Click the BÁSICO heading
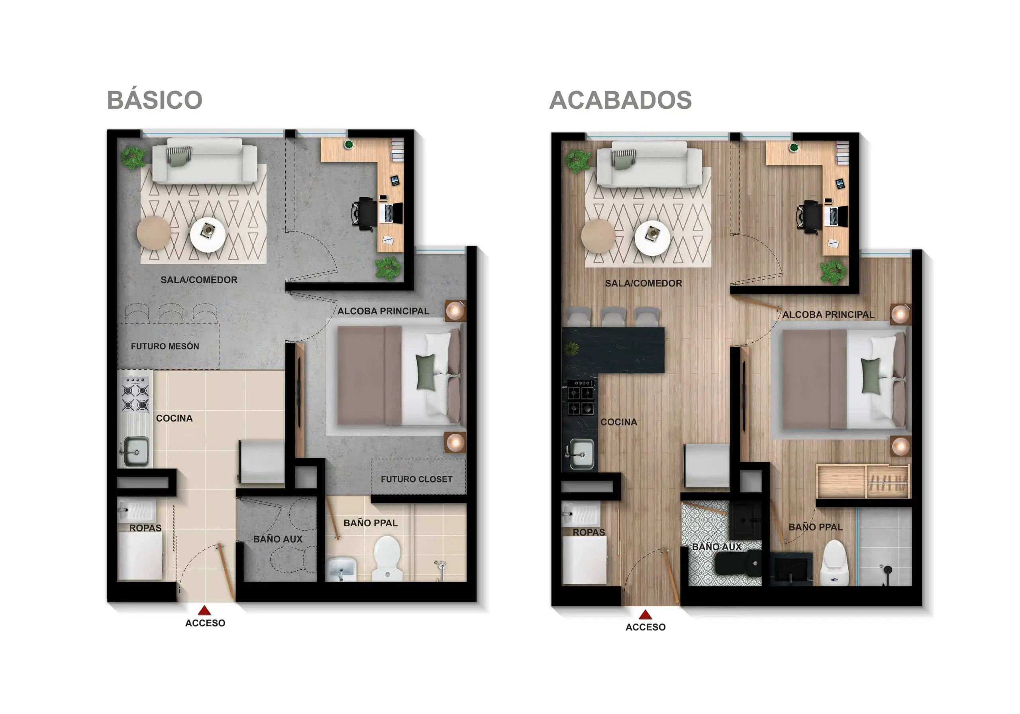[x=155, y=100]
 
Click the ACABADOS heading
[x=620, y=100]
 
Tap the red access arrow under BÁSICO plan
[x=204, y=610]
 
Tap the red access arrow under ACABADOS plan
[x=645, y=614]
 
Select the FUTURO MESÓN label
[x=165, y=346]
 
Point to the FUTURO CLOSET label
[x=416, y=479]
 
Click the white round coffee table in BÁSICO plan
[x=208, y=234]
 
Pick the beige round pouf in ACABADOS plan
[x=598, y=236]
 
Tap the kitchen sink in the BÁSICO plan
[x=136, y=451]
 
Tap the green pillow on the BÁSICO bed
[x=426, y=372]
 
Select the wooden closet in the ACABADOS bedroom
[x=863, y=482]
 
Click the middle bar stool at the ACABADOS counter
[x=613, y=316]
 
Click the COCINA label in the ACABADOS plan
[x=618, y=422]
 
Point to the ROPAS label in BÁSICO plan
[x=145, y=528]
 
